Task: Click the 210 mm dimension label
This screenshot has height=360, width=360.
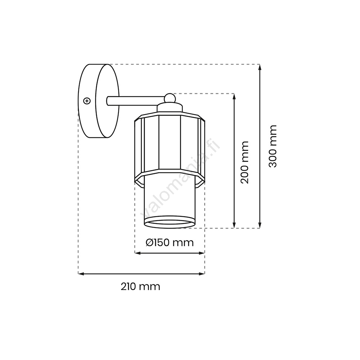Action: (x=140, y=287)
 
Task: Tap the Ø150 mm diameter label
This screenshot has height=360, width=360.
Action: (x=170, y=242)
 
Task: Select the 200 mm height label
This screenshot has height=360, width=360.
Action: (x=245, y=162)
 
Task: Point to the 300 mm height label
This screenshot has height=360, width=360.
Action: (x=273, y=146)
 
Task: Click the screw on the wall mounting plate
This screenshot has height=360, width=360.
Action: (x=86, y=100)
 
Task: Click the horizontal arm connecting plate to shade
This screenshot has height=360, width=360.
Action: (x=136, y=101)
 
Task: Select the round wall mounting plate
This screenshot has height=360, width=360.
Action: (x=99, y=101)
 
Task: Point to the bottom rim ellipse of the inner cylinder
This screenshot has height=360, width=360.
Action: (x=170, y=222)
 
